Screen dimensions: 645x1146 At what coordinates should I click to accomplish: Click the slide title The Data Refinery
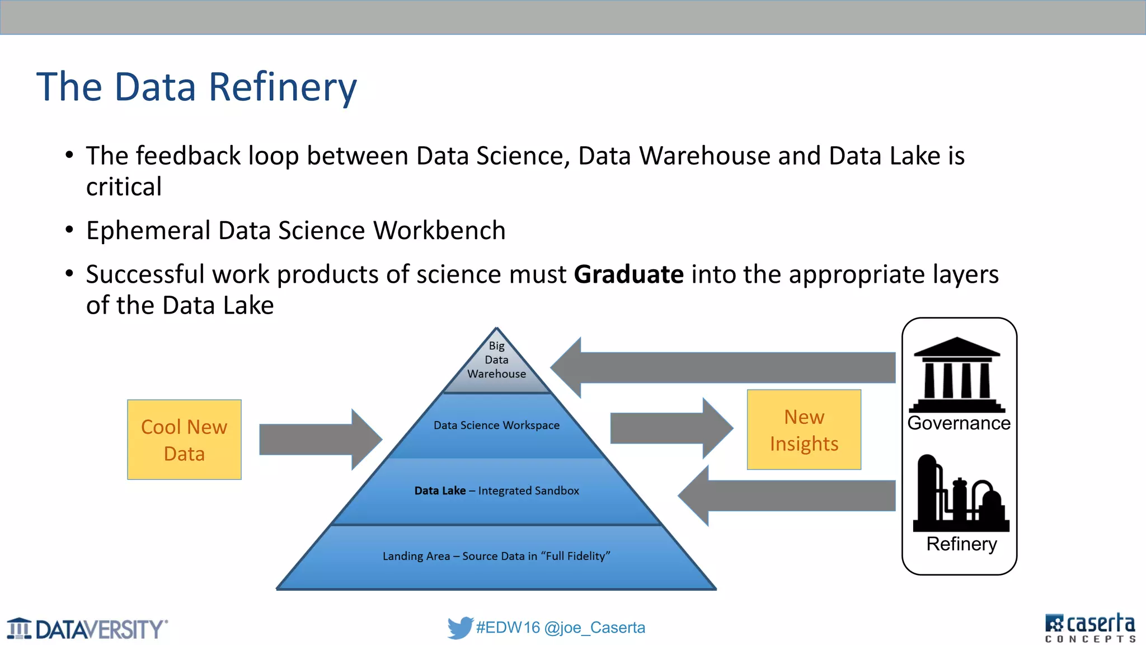(196, 87)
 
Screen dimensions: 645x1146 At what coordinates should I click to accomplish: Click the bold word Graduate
(628, 274)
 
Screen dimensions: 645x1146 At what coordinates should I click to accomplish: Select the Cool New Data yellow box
(184, 440)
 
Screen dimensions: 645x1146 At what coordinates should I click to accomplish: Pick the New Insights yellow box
(804, 429)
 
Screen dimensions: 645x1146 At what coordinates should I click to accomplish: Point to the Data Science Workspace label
(496, 425)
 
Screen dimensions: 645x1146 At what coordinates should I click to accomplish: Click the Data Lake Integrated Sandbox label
(496, 490)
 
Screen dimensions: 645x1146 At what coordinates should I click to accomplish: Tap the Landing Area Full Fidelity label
(496, 556)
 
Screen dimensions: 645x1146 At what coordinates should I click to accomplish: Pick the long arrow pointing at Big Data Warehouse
(722, 368)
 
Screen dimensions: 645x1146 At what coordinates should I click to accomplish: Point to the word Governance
(959, 423)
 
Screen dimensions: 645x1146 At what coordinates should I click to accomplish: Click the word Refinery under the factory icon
(961, 544)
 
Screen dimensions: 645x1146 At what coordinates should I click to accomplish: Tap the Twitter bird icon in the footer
(460, 628)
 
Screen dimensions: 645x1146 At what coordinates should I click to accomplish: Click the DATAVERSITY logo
(87, 629)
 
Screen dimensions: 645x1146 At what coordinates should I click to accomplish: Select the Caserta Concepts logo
(1089, 628)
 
